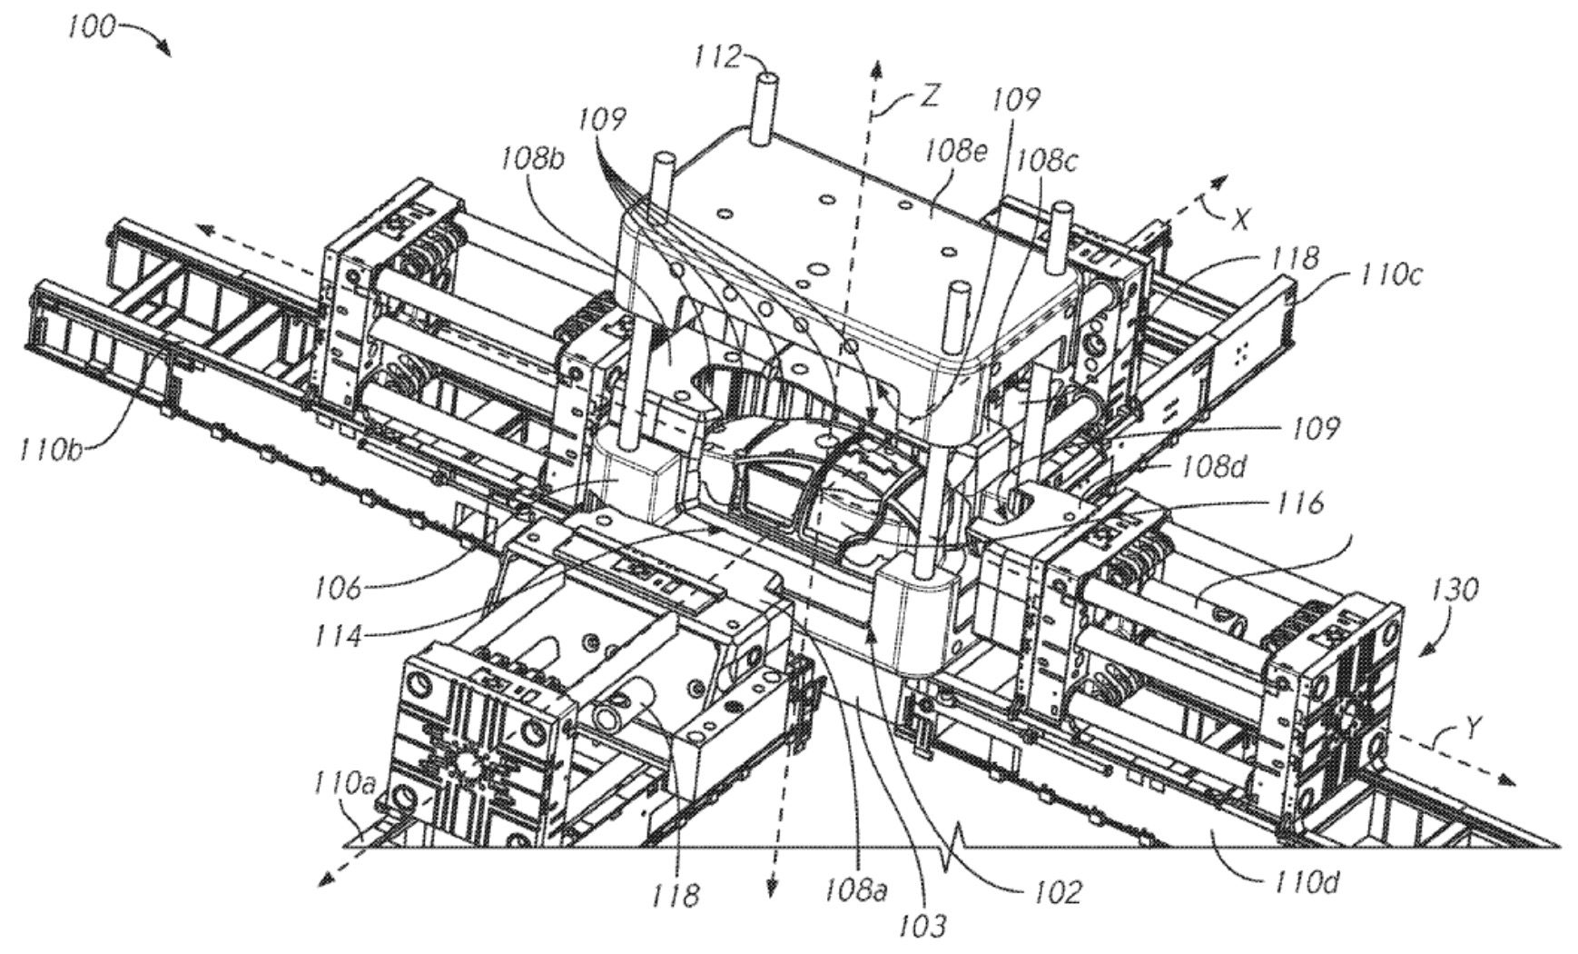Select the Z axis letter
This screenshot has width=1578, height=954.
[929, 95]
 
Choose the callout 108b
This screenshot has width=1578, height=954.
[531, 161]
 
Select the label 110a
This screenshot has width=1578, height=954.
[343, 782]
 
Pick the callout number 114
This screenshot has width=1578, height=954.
[337, 635]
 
